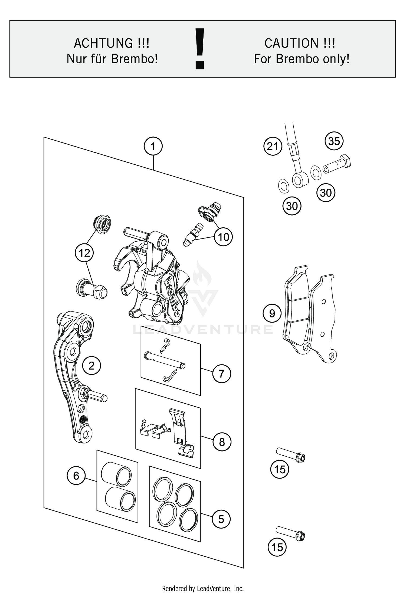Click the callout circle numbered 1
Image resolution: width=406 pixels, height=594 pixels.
(x=153, y=146)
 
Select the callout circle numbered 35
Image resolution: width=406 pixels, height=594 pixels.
(x=334, y=141)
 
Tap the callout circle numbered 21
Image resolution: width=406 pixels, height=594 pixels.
(x=273, y=146)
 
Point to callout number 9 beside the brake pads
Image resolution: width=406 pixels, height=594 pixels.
(x=272, y=313)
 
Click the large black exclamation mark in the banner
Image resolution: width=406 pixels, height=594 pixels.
(x=200, y=49)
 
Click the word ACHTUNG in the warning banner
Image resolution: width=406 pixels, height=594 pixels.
(x=103, y=43)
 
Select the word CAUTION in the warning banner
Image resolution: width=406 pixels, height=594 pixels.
(x=291, y=43)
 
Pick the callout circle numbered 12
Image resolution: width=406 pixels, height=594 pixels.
(x=84, y=253)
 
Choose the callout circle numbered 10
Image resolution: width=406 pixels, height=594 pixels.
(x=223, y=237)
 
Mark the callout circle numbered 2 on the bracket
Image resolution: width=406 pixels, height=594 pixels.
(x=91, y=366)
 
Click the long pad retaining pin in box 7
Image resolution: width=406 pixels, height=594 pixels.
(x=165, y=360)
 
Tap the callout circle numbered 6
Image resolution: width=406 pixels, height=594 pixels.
(x=76, y=476)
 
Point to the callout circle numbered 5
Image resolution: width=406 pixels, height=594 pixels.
(x=221, y=519)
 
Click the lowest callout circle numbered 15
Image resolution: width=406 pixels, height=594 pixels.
(x=277, y=547)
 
